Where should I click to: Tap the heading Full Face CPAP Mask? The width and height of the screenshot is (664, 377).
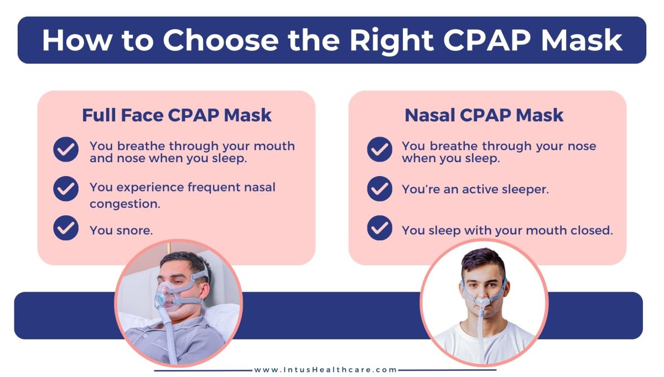(x=177, y=115)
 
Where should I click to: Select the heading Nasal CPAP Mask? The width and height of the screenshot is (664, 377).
(x=484, y=115)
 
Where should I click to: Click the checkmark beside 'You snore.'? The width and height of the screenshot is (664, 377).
(x=66, y=228)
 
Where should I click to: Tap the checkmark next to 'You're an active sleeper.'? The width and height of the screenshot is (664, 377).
(x=380, y=189)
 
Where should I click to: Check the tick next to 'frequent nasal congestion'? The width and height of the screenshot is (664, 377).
(x=66, y=189)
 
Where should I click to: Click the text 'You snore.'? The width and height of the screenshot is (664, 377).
(x=121, y=230)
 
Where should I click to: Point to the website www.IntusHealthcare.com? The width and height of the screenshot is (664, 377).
(x=325, y=370)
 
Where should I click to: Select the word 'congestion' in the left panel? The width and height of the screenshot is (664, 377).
(x=125, y=204)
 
